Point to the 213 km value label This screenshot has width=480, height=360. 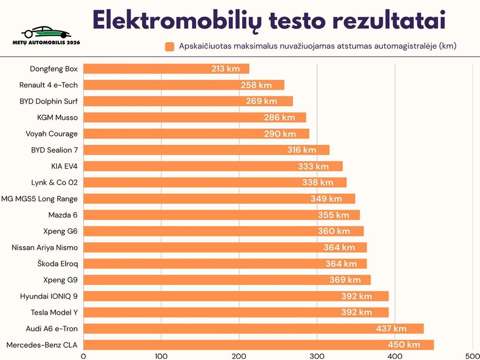[226, 69]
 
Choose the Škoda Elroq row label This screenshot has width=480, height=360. [58, 264]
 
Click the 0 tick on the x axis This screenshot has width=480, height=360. [83, 356]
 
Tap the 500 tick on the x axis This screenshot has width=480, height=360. [472, 356]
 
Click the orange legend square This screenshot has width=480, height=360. [170, 46]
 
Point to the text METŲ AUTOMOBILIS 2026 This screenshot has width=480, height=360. [47, 42]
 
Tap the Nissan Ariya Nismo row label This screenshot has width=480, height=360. [45, 248]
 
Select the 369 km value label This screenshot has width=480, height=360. [345, 280]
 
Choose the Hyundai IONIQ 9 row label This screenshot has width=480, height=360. [49, 296]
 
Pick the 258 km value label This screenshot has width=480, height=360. [256, 85]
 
